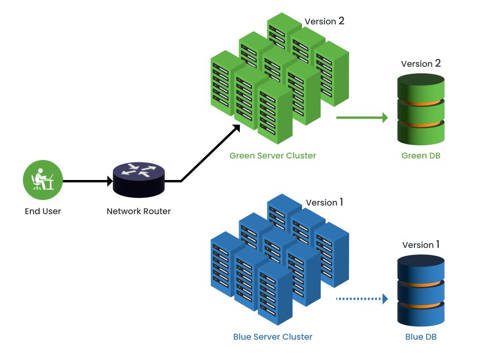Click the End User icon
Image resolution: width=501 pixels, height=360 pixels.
[x=43, y=180]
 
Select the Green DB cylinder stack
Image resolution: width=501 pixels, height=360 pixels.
[x=420, y=110]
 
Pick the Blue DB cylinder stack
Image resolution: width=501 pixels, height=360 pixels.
[x=421, y=291]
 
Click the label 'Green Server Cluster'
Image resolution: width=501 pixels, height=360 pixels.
[x=273, y=156]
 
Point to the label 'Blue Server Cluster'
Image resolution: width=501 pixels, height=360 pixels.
[x=273, y=337]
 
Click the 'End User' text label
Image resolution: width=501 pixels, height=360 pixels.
[x=43, y=212]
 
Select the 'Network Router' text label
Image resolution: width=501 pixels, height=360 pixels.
[x=139, y=212]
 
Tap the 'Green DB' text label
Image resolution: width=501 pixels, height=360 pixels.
[x=421, y=156]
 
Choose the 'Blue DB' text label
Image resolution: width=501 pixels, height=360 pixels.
[x=421, y=337]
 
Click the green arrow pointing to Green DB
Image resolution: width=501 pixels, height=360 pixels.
[x=362, y=117]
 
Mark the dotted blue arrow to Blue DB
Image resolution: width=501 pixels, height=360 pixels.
[x=362, y=298]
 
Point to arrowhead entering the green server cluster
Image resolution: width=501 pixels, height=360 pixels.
[x=236, y=128]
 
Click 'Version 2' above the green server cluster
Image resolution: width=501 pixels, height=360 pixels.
[x=324, y=22]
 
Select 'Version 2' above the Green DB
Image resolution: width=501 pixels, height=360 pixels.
[x=421, y=64]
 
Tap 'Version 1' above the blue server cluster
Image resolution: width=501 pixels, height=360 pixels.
[x=324, y=202]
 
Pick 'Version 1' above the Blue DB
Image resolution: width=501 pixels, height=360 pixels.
[x=421, y=245]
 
